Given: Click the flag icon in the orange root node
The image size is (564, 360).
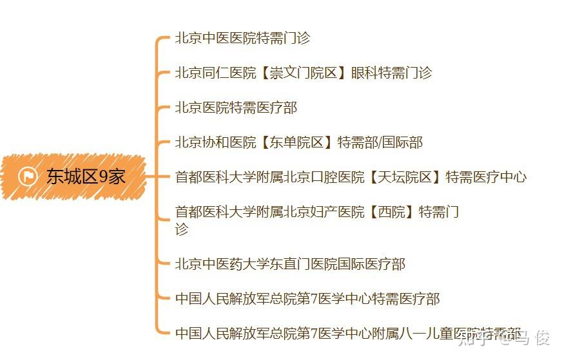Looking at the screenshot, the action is coord(28,176).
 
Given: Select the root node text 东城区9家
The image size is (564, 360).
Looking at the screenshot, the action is coord(86,176).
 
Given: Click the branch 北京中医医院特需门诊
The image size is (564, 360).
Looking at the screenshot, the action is coord(242,38).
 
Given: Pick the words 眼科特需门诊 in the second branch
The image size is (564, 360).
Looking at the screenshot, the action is coord(391,73).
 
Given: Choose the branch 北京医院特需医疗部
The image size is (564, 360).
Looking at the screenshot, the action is coord(236,108).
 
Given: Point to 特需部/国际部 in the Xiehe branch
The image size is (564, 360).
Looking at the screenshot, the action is coord(380,142).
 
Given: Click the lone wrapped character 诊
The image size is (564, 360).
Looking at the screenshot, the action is coord(182,229).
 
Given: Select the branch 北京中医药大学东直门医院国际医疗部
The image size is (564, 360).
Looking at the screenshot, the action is coord(290,264).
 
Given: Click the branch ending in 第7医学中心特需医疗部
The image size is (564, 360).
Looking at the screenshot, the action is coord(307,299).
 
